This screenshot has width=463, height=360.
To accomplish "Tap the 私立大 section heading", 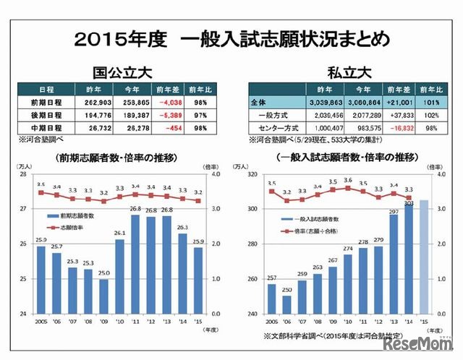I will click(344, 72).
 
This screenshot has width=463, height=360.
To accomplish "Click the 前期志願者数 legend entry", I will click(80, 215).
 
